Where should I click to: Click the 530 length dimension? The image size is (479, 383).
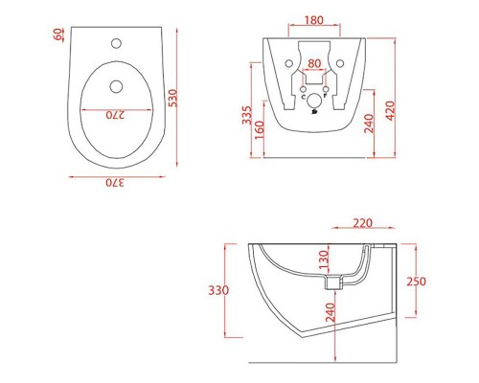coord(172,98)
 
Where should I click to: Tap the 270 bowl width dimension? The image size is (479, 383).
coord(115,115)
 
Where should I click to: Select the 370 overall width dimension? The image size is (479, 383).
coord(115,183)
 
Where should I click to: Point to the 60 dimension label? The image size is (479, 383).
coord(58,34)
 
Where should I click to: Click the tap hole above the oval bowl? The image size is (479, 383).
coord(116,43)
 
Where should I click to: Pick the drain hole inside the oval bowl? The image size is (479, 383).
coord(116,86)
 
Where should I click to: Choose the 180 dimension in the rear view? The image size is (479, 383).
coord(314,20)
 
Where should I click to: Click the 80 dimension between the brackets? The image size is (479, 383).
coord(314,63)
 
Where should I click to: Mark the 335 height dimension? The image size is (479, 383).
coord(247,115)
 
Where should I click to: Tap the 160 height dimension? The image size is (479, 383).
coord(260,129)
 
